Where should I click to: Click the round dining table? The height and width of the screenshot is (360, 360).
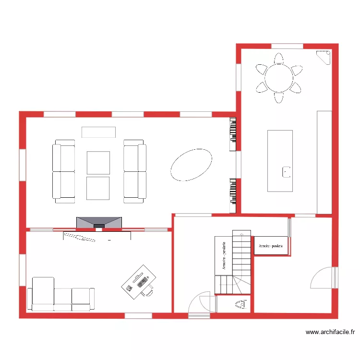coord(279,78)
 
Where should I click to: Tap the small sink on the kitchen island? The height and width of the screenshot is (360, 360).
coord(287,172)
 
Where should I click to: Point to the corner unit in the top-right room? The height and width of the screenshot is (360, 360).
coord(325,57)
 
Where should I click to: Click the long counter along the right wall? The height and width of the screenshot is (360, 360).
coord(324,162)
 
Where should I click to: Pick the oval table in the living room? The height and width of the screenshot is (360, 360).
coord(192,165)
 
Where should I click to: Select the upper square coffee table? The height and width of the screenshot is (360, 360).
coord(98,163)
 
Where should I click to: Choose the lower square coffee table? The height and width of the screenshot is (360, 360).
coord(98,188)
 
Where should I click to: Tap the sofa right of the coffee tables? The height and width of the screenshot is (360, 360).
coord(134,171)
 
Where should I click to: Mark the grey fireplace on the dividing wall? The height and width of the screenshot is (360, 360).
coord(99,223)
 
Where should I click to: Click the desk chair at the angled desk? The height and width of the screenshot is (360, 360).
coord(149,291)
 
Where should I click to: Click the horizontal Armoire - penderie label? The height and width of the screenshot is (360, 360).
coord(271,246)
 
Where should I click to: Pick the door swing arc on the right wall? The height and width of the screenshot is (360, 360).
coord(323,277)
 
